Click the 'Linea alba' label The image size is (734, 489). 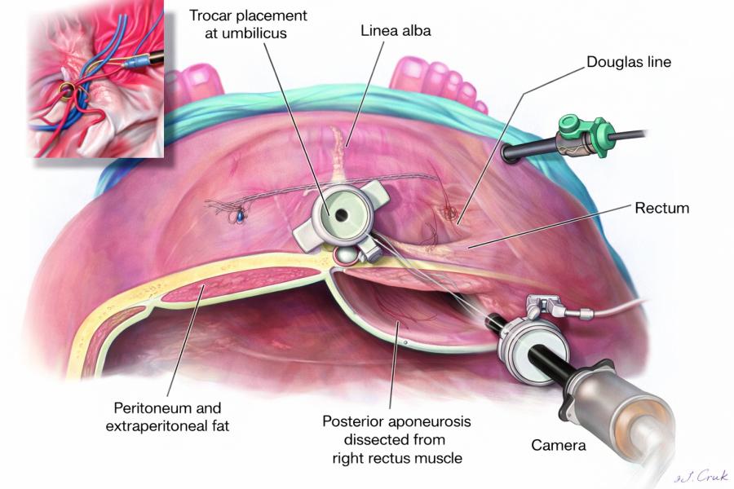coord(396,30)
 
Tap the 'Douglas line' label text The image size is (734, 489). coord(629,61)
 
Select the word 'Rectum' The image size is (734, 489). coord(661,209)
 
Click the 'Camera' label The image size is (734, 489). coord(558,446)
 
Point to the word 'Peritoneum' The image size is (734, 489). coord(167,407)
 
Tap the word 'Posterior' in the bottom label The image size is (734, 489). coord(352,421)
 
